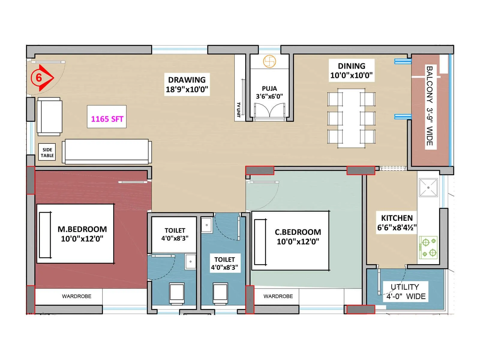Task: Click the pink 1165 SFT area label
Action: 107,119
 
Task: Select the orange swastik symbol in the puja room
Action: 269,61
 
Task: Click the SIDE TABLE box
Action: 47,152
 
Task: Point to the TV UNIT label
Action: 238,110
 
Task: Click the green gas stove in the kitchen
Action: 428,248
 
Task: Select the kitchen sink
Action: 428,187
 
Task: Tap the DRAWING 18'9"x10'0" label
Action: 187,85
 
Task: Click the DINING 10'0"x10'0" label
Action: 351,70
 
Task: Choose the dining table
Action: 351,118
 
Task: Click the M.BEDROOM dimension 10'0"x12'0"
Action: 82,239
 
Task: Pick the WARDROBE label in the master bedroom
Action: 76,296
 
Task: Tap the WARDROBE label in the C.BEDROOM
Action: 278,296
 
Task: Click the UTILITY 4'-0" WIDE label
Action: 405,292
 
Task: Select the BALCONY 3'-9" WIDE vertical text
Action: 430,106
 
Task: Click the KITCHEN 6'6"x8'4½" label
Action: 397,223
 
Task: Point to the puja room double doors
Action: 269,110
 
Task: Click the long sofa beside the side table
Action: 106,151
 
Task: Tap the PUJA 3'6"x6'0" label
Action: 269,92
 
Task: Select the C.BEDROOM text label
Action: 298,232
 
